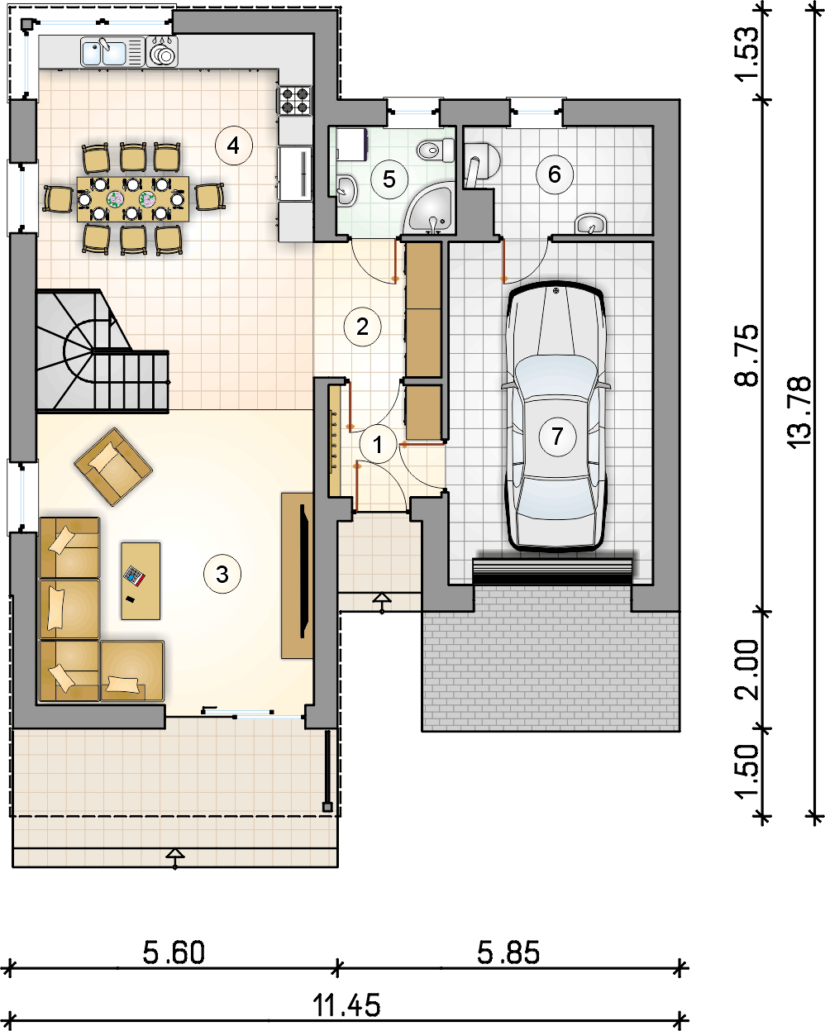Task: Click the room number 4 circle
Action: pos(233,146)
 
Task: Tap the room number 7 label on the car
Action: pos(557,436)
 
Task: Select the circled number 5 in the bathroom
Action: pos(389,179)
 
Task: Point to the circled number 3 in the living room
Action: pos(222,574)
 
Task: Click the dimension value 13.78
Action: pos(799,413)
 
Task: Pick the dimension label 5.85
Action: pos(508,953)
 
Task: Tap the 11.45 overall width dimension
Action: pos(346,1005)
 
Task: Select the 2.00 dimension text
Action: pos(747,671)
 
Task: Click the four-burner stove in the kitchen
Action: pos(294,100)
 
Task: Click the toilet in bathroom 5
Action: pos(435,150)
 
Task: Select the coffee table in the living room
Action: pos(141,580)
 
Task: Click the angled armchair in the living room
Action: pos(113,466)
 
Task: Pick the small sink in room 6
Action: pos(591,224)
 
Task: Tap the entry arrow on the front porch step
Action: pos(382,602)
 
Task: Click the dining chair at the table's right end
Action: pos(210,197)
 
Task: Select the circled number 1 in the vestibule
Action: pos(378,444)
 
